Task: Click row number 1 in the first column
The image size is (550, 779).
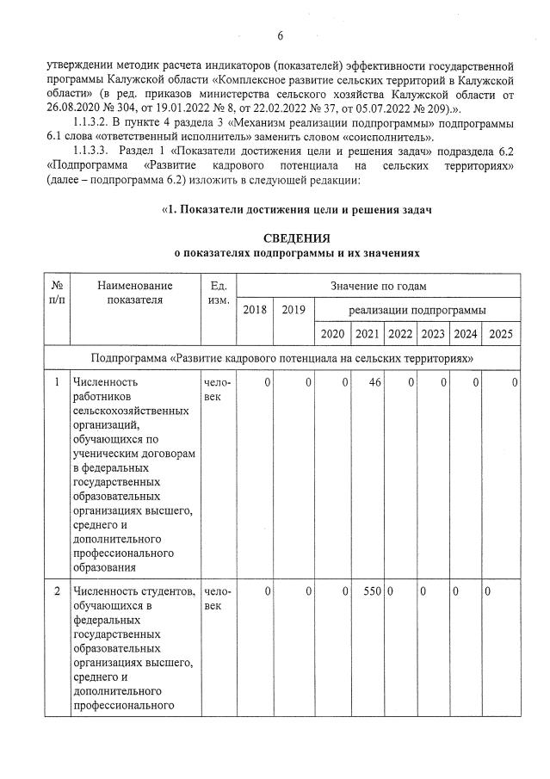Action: point(57,381)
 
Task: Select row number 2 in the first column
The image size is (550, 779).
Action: point(57,592)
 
